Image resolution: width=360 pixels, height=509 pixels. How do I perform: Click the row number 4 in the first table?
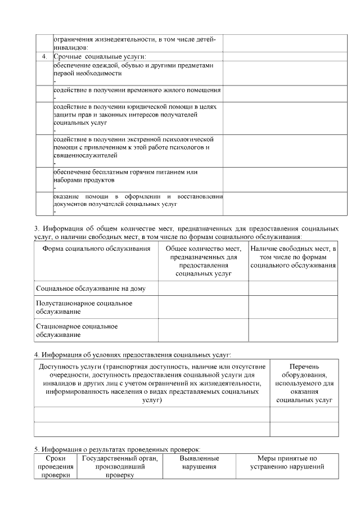click(44, 57)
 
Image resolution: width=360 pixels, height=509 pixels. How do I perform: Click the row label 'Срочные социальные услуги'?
click(100, 57)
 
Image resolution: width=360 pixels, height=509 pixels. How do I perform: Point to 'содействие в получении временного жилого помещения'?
click(137, 90)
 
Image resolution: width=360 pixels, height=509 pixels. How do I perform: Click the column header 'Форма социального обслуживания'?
click(96, 249)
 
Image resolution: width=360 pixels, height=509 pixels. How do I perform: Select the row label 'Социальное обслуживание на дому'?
click(91, 289)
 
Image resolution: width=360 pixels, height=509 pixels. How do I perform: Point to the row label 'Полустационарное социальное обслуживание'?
click(84, 307)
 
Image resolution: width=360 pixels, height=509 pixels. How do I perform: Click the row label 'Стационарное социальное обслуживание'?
click(76, 331)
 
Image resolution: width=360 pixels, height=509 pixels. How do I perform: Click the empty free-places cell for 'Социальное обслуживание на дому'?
click(293, 289)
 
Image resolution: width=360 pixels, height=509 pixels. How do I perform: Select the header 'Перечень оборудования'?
click(304, 382)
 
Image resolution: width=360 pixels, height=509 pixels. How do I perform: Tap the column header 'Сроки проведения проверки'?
click(55, 467)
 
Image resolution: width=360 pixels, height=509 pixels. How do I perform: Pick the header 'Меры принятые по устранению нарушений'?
click(287, 463)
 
